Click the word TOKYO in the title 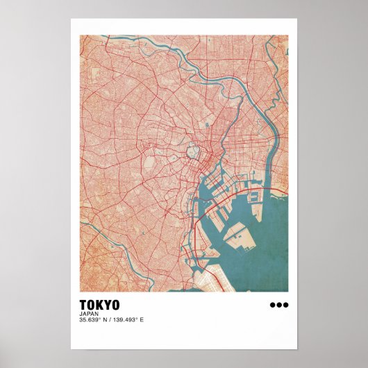click(99, 305)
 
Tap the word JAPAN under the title click(88, 313)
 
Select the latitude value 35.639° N click(94, 319)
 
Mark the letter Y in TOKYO click(108, 305)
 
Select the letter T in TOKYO click(83, 305)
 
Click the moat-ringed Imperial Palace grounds click(190, 151)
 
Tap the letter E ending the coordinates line click(142, 319)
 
